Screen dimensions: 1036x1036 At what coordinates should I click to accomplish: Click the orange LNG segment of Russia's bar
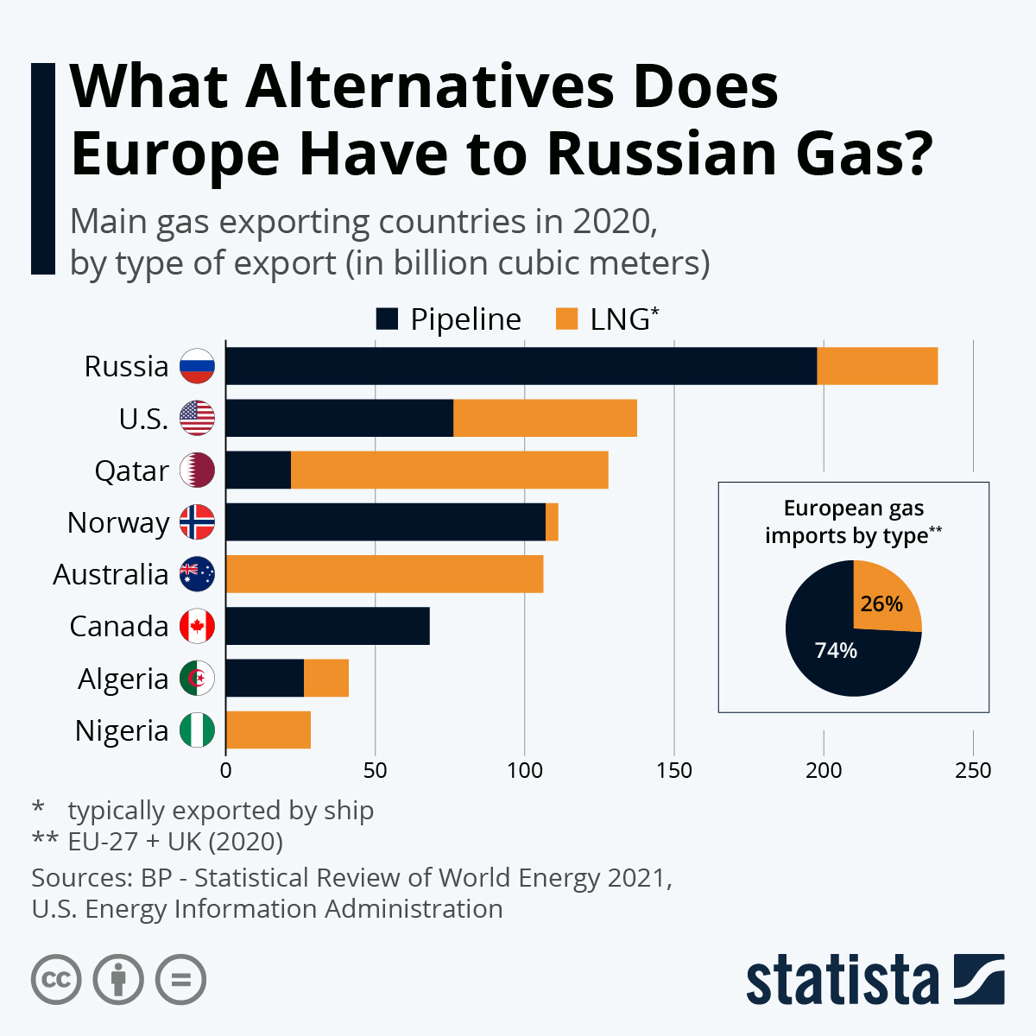[877, 366]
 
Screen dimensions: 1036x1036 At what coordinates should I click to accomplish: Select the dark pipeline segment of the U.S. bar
[339, 418]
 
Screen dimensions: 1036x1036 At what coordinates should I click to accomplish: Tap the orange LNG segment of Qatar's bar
[449, 470]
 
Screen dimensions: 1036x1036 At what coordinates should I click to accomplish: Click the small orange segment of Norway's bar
[552, 522]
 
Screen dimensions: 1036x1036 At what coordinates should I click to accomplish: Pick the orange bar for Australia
[384, 574]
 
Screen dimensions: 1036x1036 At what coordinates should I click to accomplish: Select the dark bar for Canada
[327, 626]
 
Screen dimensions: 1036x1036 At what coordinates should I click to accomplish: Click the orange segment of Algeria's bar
[326, 679]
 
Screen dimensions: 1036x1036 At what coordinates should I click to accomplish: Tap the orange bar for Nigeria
[268, 730]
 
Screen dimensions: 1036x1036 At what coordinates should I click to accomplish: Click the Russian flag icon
[197, 366]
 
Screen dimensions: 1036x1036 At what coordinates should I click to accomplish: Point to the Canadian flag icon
[197, 626]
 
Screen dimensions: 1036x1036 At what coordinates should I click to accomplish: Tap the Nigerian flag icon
[197, 730]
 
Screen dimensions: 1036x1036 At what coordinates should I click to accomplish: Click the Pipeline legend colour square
[387, 319]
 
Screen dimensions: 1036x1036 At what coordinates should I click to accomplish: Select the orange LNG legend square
[566, 319]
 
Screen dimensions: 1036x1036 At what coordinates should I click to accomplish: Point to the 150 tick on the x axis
[673, 770]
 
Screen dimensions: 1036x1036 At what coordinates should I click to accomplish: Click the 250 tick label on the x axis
[973, 770]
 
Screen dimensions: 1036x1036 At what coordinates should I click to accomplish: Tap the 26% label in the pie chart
[881, 603]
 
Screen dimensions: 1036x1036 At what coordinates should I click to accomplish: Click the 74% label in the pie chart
[836, 650]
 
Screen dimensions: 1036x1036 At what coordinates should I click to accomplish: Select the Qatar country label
[131, 471]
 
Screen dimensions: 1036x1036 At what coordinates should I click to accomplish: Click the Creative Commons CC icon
[56, 980]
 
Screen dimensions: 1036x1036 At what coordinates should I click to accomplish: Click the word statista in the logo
[842, 981]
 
